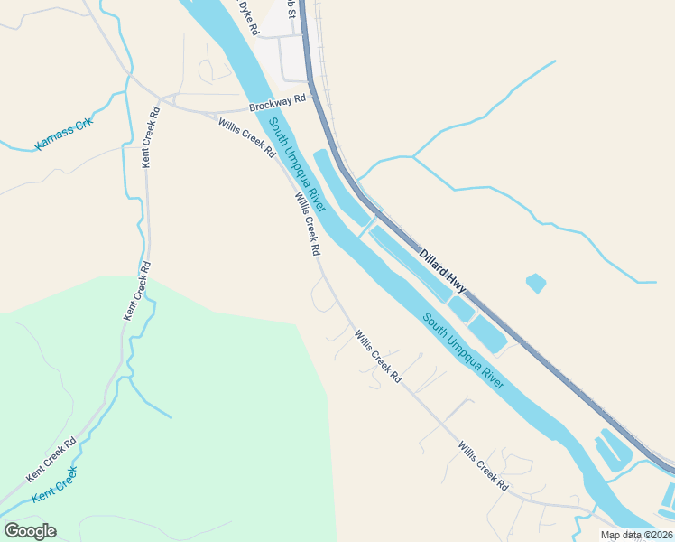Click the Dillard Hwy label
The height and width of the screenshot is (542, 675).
point(443,270)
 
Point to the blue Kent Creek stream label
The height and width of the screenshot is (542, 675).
point(55,485)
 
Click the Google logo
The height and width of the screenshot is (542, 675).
point(30,531)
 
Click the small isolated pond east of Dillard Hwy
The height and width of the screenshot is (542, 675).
point(535,283)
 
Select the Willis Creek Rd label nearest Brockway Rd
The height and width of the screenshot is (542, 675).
point(246,135)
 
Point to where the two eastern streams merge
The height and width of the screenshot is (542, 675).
point(413,156)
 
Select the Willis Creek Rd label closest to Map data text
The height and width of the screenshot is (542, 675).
point(484,466)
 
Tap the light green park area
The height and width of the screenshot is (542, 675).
point(162,406)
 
